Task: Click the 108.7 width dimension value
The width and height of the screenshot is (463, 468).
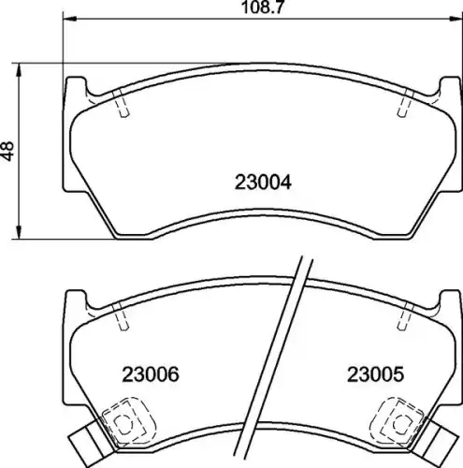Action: point(263,7)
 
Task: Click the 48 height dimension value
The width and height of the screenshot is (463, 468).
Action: point(7,152)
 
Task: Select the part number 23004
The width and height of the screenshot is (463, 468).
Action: point(263,183)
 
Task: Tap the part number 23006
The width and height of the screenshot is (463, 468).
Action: point(151,374)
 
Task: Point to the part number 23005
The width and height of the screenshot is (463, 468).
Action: point(375,374)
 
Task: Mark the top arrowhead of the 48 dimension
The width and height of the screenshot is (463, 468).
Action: point(19,70)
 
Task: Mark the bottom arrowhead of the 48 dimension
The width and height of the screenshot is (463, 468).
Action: point(19,233)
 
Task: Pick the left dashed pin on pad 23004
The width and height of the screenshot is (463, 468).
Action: point(122,104)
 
